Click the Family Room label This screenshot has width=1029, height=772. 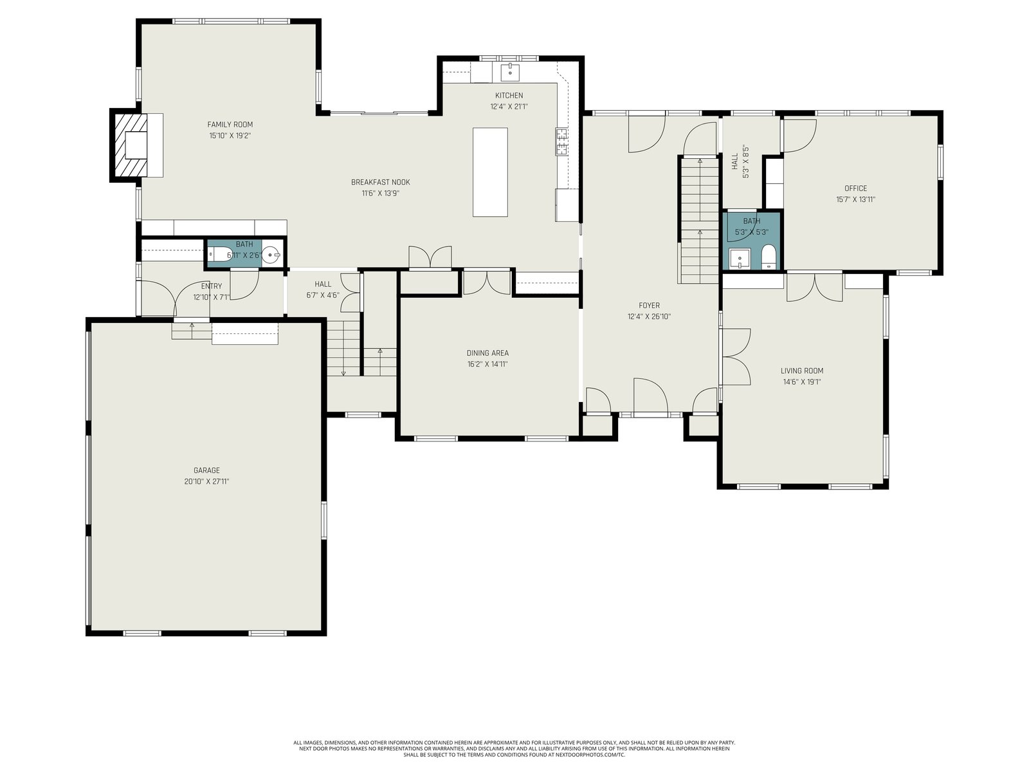tap(230, 124)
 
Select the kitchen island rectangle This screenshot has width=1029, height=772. tap(490, 172)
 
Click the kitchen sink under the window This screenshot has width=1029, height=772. tap(510, 73)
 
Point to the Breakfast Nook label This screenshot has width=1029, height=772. tap(380, 182)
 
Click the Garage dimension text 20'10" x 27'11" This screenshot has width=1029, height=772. tap(206, 481)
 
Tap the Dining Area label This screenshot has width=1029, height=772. tap(487, 353)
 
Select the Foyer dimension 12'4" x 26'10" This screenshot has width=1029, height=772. tap(650, 317)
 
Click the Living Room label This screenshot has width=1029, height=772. tap(801, 371)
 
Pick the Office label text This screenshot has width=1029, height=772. tap(855, 188)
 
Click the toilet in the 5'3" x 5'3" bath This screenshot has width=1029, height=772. tap(769, 257)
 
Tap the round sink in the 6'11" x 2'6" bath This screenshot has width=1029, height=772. tap(271, 255)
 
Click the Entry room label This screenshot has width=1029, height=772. tap(212, 286)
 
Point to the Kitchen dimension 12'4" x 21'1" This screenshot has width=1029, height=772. tap(509, 106)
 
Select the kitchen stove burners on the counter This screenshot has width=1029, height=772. tap(561, 141)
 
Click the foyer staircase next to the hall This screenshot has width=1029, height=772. tap(699, 220)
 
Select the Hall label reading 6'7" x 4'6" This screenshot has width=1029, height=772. tap(323, 289)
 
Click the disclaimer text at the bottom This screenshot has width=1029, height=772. tap(514, 749)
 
